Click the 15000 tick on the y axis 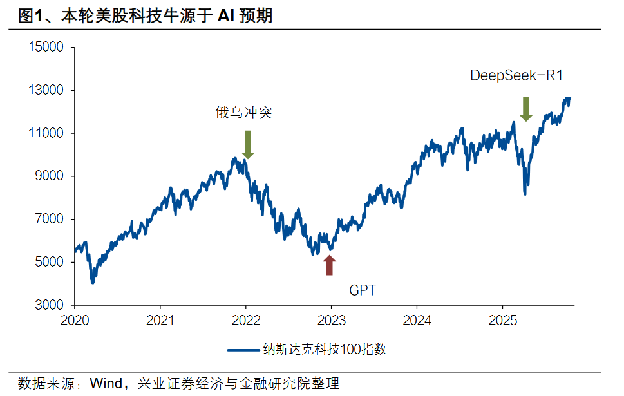click(x=46, y=48)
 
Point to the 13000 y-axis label click(x=46, y=91)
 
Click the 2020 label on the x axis click(x=75, y=319)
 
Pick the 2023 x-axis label click(x=331, y=319)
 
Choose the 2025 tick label click(x=502, y=319)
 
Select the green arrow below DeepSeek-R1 click(x=525, y=109)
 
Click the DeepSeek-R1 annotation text click(x=517, y=76)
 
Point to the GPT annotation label click(x=362, y=290)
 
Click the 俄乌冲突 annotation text click(x=243, y=113)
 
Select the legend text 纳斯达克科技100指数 click(x=325, y=350)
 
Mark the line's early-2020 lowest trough click(x=93, y=282)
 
